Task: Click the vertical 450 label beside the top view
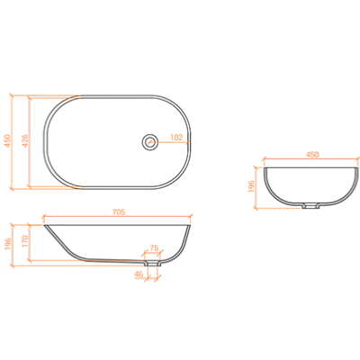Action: coord(7,140)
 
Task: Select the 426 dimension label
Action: coord(25,140)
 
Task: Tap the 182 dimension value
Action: coord(176,137)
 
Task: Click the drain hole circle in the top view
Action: coord(149,141)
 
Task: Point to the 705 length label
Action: coord(119,211)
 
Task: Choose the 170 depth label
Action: coord(25,241)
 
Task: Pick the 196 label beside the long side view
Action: coord(8,244)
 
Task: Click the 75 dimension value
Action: coord(154,248)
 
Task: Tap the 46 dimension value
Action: coord(139,274)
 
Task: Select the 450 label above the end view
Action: coord(312,154)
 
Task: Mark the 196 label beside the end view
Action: coord(251,186)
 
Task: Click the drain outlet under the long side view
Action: coord(152,264)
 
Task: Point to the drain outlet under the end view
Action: coord(310,205)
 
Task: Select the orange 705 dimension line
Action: coord(118,216)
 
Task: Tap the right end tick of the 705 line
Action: coord(191,216)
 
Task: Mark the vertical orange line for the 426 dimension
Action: coord(29,142)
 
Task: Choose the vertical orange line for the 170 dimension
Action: coord(29,242)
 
